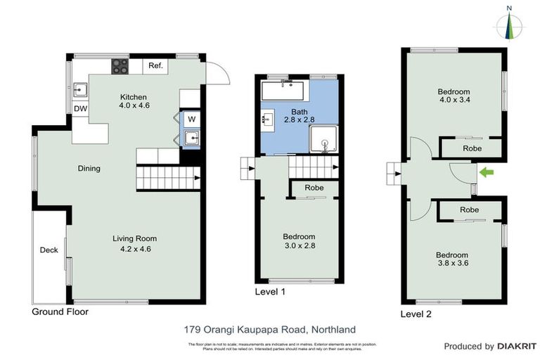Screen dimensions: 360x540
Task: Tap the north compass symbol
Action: coord(511,24)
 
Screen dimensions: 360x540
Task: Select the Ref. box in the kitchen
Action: coord(155,66)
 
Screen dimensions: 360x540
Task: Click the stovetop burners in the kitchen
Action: coord(120,67)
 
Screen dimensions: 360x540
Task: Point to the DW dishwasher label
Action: coord(80,109)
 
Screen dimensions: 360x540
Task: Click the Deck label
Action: coord(49,250)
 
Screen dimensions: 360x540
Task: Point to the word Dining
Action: coord(89,169)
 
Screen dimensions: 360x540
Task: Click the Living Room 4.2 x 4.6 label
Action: coord(132,243)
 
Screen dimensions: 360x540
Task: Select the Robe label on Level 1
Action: coord(314,188)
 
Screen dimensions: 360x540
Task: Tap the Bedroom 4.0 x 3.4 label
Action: coord(454,96)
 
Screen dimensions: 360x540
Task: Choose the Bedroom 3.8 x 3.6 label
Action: coord(451,259)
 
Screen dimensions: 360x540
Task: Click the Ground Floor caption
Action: coord(60,311)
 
